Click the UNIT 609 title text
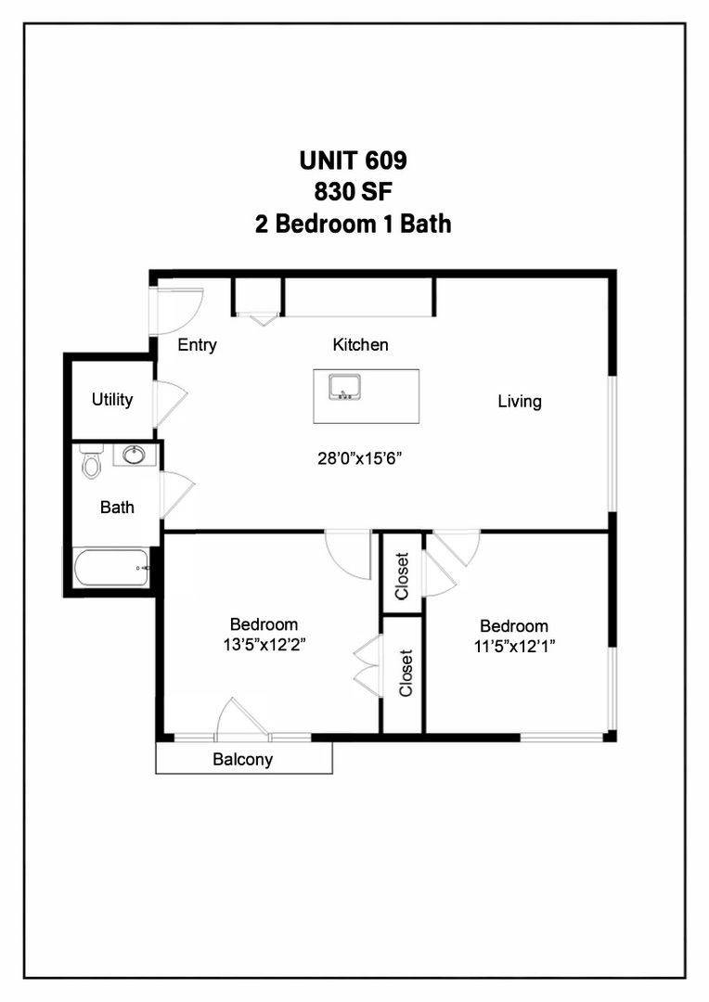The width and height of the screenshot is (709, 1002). coord(353,161)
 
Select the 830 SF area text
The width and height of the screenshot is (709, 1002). coord(353,192)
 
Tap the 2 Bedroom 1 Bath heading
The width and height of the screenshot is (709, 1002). coord(353,224)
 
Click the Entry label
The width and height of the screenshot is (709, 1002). coord(197,345)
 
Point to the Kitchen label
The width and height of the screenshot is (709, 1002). coord(360,345)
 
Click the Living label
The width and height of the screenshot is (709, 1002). coord(519,402)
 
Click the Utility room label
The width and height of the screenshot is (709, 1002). coord(111,400)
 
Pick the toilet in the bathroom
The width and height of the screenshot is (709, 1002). coord(91,461)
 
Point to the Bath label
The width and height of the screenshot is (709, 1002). coord(117,507)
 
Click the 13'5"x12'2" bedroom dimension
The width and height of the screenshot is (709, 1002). coord(264,645)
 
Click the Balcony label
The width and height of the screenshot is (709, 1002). coord(242,760)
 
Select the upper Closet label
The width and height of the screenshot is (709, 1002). coord(402,576)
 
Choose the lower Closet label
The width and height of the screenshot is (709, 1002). coord(405,673)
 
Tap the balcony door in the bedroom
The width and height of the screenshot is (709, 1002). coord(241,720)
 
